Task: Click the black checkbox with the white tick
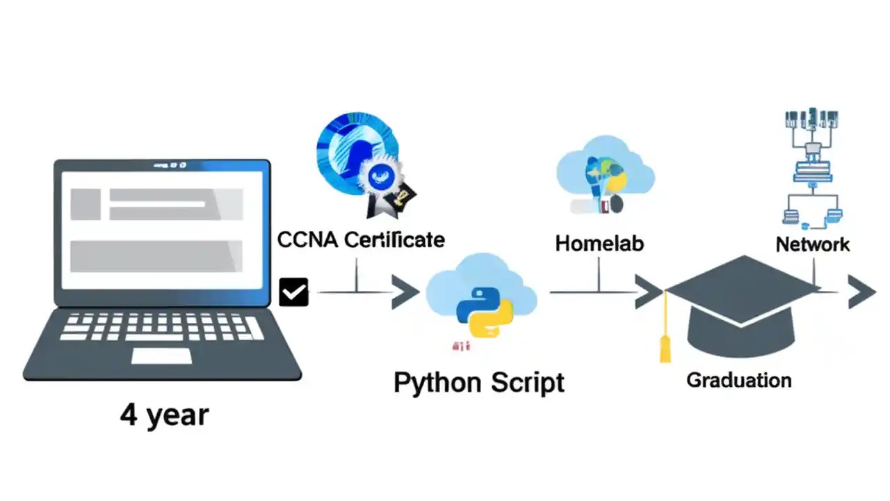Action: pos(293,292)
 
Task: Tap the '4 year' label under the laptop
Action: pos(164,415)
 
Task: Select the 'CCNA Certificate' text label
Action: pos(361,240)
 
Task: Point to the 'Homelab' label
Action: pos(599,244)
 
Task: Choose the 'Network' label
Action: pos(812,244)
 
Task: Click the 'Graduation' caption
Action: pos(738,381)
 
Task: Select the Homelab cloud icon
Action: pos(604,174)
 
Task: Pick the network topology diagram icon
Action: pos(811,167)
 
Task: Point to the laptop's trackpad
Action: pos(161,356)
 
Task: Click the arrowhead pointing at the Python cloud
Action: pos(404,292)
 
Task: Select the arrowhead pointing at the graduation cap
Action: pos(648,292)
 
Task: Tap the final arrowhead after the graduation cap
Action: pos(861,292)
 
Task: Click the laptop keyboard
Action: pos(161,326)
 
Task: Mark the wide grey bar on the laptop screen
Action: pos(156,255)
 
